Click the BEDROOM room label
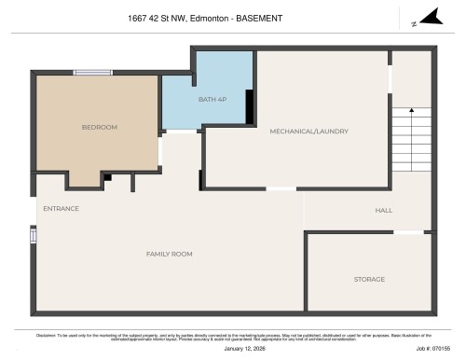(99, 127)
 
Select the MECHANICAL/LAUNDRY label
(308, 132)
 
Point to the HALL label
(383, 210)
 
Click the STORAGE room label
(368, 279)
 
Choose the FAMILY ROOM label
(169, 254)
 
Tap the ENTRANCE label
(61, 208)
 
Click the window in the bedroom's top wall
(93, 72)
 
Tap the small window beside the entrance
(34, 236)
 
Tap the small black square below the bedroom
(108, 176)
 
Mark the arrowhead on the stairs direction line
(411, 112)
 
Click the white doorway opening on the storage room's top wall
(407, 232)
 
